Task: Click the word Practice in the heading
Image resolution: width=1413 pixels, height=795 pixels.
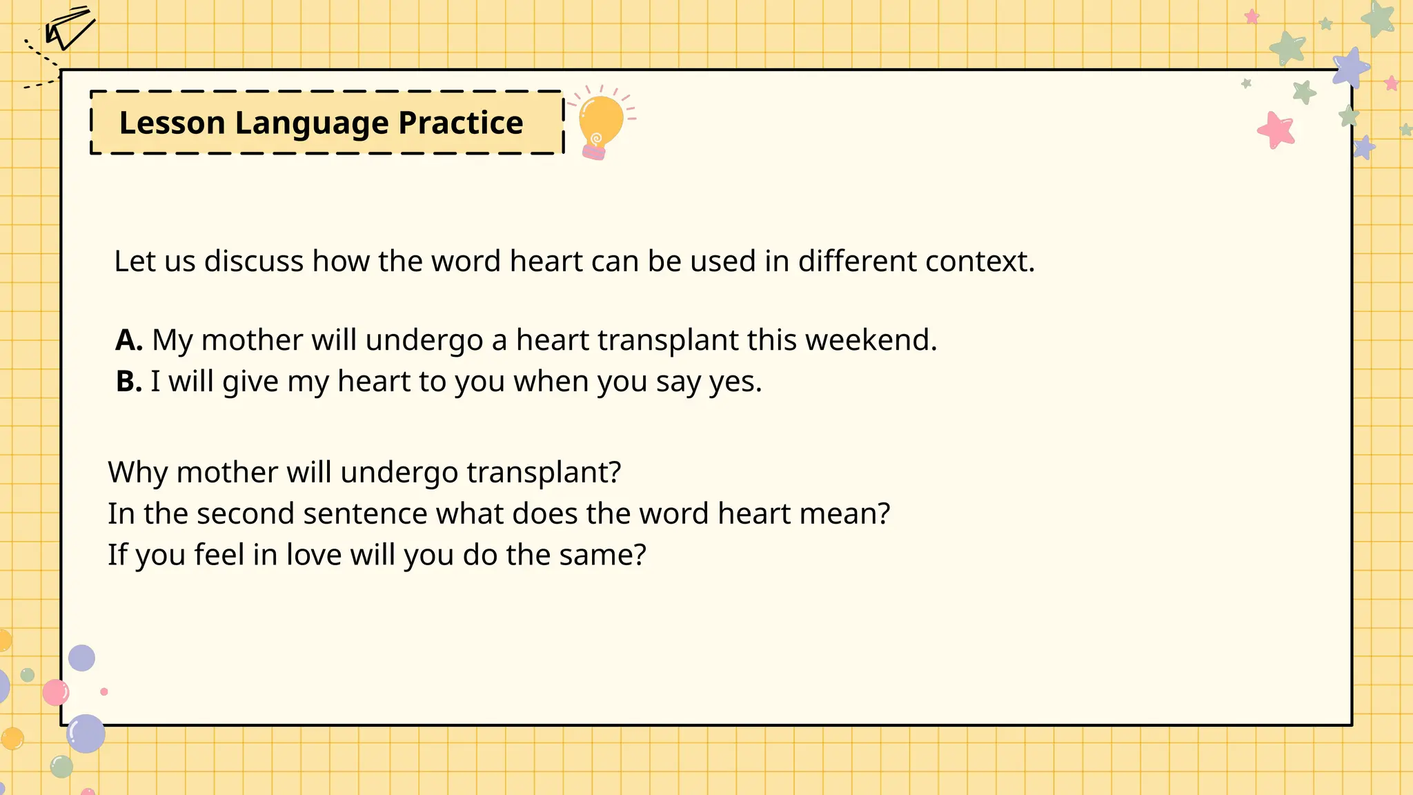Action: point(460,123)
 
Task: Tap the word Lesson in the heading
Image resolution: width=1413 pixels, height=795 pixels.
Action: point(172,123)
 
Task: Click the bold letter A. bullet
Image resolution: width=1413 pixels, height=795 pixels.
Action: point(129,340)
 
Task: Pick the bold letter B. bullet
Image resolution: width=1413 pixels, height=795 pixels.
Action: point(129,381)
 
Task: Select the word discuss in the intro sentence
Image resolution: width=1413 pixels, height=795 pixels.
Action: point(253,261)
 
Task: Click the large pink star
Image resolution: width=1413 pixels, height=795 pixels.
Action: point(1276,130)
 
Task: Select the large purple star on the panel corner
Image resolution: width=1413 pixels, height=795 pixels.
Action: point(1350,68)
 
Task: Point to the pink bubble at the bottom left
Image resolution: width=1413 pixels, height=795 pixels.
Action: point(56,692)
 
